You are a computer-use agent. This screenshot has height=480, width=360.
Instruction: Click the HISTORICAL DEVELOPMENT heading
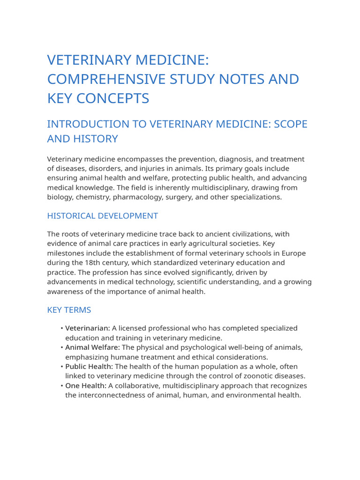pos(102,216)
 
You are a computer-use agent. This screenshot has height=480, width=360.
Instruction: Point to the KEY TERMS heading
pos(69,310)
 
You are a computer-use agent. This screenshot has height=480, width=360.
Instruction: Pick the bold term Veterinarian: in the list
pos(88,328)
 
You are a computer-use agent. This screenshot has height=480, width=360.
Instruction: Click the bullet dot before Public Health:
pos(62,367)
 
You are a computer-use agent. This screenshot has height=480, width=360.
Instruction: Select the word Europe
pos(294,253)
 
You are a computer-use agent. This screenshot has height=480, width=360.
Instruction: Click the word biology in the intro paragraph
pos(60,197)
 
